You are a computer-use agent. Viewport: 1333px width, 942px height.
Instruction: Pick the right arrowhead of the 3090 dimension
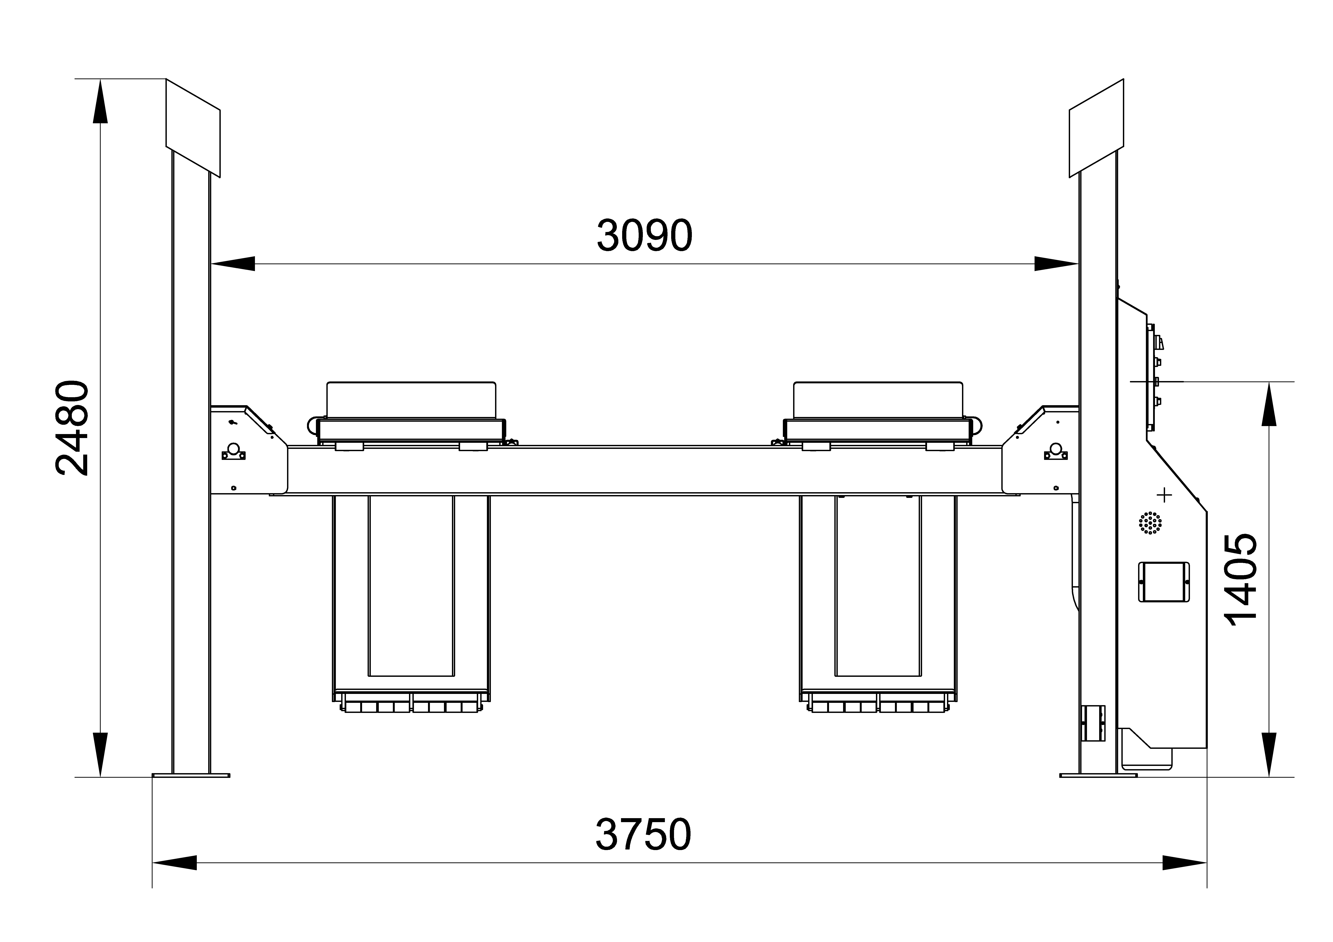pos(1057,264)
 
